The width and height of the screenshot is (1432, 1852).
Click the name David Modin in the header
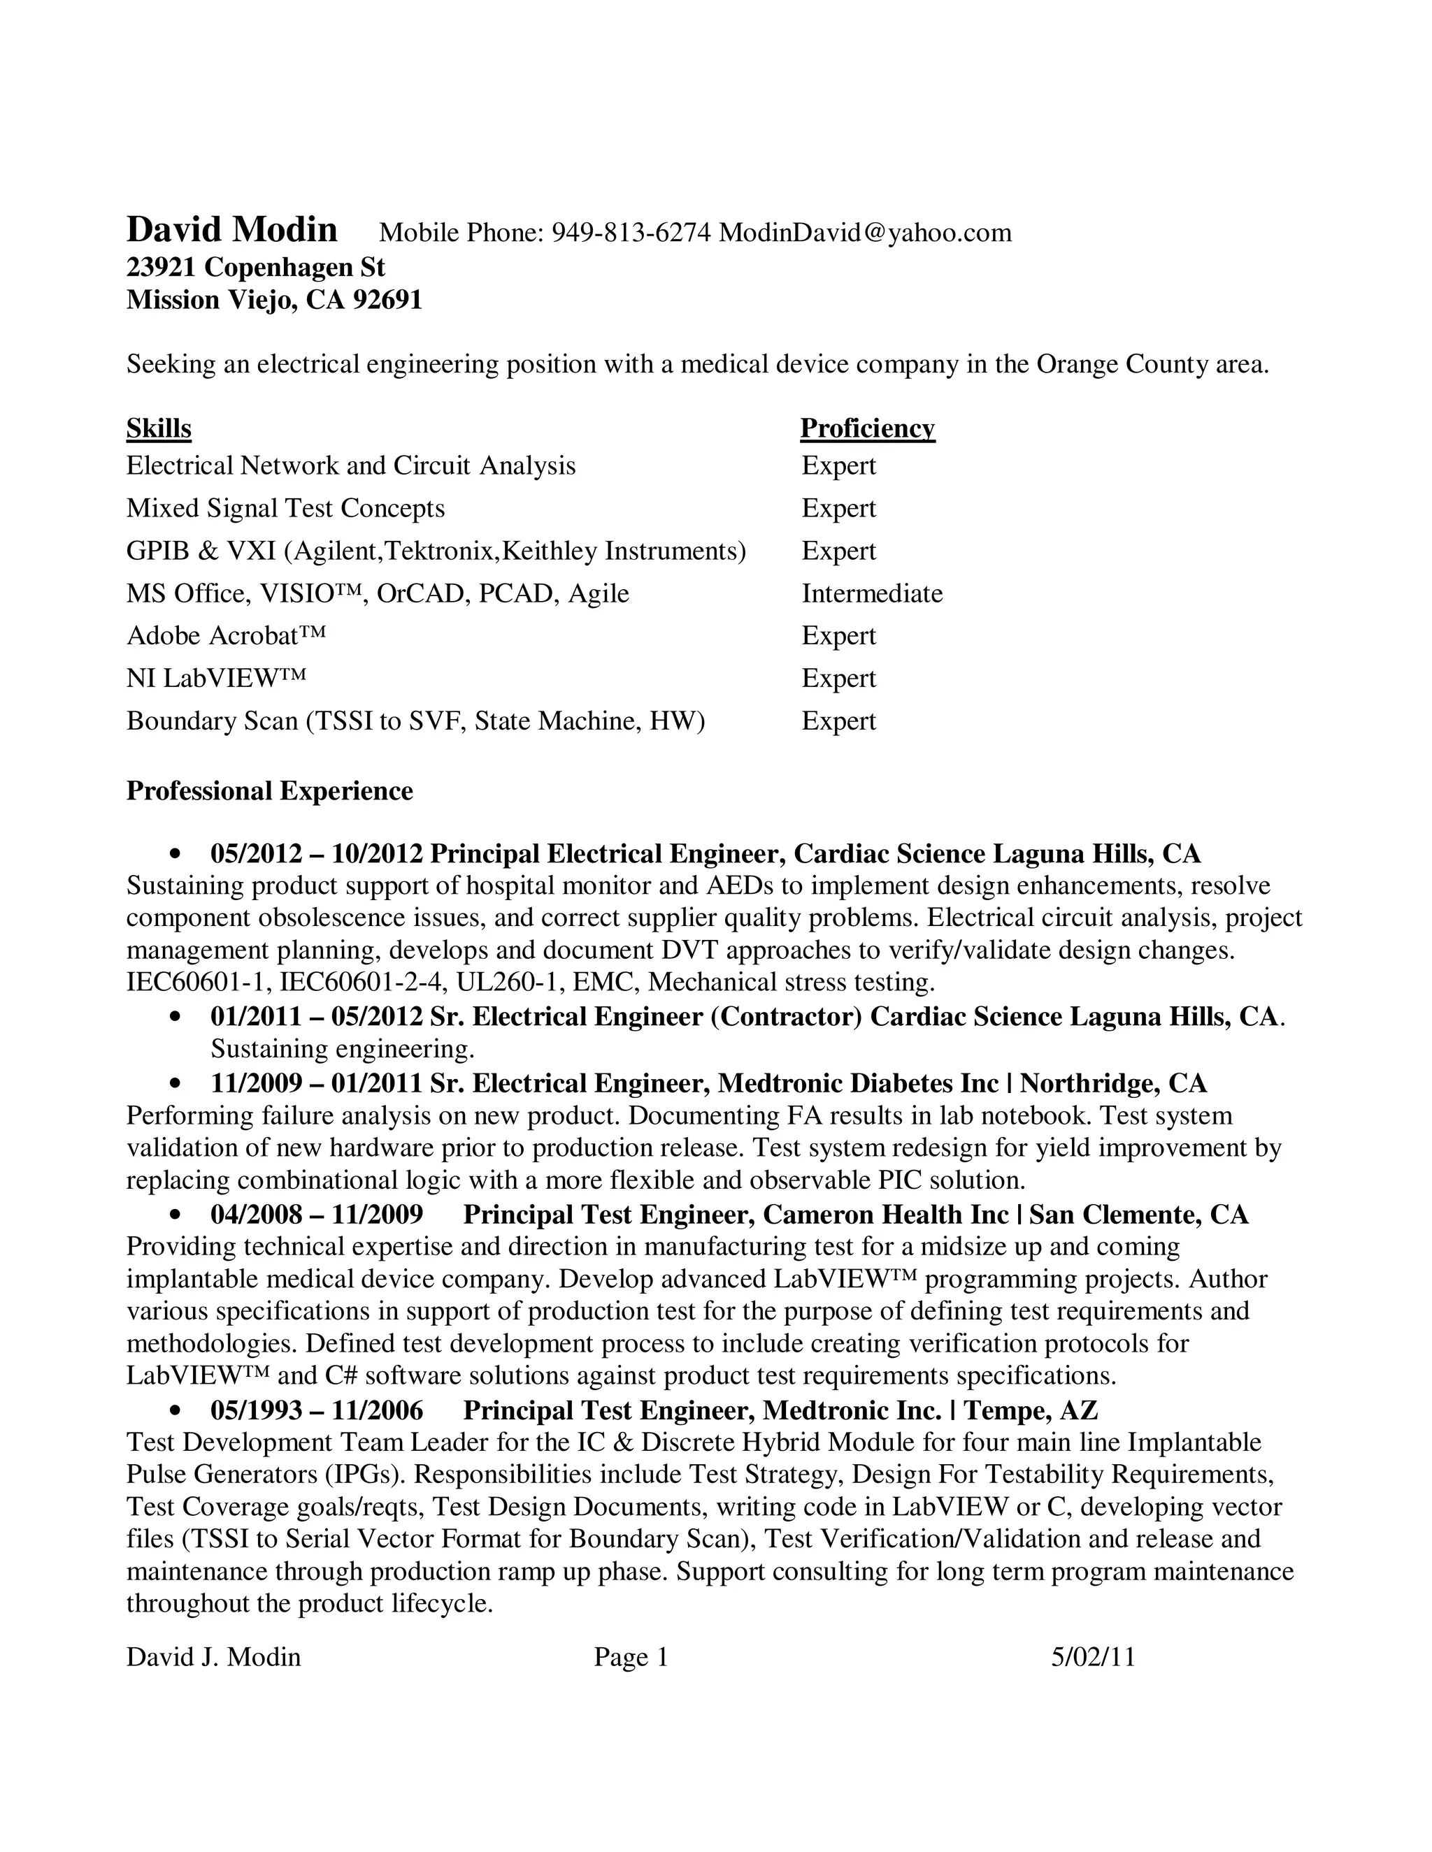[231, 230]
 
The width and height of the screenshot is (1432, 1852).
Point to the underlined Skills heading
[159, 428]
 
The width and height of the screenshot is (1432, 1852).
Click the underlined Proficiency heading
[867, 428]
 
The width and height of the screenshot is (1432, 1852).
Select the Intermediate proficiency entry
[872, 593]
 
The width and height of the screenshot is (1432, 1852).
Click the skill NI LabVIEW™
[216, 679]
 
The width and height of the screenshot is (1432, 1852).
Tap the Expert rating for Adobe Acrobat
[838, 636]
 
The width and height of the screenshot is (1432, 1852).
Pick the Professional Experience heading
[270, 790]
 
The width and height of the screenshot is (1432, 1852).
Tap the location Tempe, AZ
[1031, 1410]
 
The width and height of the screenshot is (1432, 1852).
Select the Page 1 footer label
[631, 1657]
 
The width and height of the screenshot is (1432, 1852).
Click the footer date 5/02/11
[1093, 1657]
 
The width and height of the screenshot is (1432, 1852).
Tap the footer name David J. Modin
[214, 1657]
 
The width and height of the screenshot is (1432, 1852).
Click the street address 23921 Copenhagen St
[255, 267]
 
